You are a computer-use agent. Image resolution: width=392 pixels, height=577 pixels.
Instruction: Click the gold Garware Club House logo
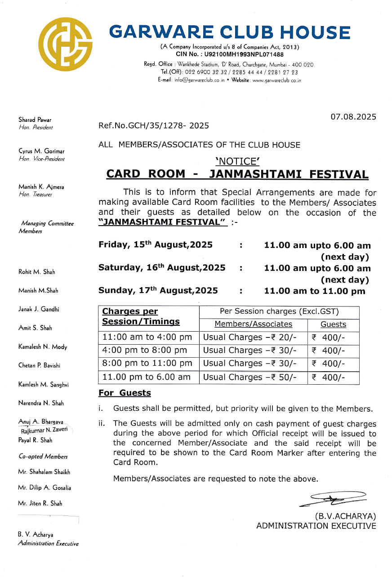coord(66,44)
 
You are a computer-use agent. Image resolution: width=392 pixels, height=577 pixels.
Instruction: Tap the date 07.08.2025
coord(353,117)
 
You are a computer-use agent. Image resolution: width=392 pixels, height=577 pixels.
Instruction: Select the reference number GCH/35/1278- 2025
coord(154,126)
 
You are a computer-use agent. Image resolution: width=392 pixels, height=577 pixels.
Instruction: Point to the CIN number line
coord(230,54)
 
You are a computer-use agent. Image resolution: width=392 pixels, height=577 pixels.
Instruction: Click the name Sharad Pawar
coord(35,120)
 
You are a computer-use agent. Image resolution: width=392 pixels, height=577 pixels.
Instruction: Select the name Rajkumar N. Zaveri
coord(45,430)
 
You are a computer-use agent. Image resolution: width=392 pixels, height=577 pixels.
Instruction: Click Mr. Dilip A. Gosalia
coord(45,488)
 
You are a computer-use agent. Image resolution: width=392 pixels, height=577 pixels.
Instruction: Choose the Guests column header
coord(333,324)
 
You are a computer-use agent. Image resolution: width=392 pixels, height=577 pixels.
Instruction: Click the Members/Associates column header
coord(253,324)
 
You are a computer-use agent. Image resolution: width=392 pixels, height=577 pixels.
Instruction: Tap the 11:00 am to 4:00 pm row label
coord(147,337)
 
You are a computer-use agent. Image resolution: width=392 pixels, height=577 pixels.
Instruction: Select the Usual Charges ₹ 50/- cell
coord(250,377)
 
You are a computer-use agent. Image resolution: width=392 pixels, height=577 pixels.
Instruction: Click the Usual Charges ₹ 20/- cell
coord(250,337)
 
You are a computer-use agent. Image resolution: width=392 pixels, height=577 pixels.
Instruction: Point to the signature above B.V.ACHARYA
coord(333,498)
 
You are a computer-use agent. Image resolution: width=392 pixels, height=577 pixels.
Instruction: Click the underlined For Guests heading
coord(125,393)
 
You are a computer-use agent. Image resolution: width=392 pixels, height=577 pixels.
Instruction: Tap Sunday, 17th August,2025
coord(158,290)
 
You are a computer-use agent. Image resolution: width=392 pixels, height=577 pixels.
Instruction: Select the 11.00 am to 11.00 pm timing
coord(315,291)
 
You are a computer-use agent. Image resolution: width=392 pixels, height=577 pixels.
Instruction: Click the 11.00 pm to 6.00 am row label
coord(146,377)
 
